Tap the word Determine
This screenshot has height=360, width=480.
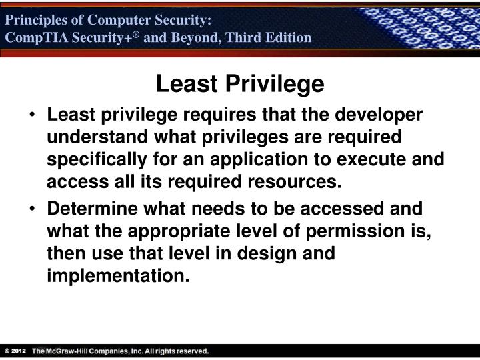pos(91,209)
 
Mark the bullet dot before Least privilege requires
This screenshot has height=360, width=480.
pos(34,116)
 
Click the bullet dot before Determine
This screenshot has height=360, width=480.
pos(34,209)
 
